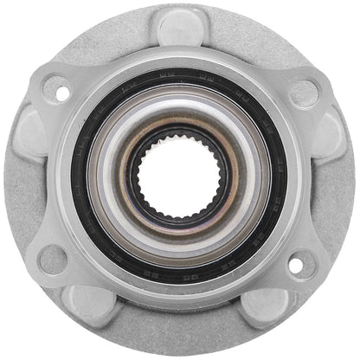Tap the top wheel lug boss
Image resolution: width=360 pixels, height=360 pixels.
180,26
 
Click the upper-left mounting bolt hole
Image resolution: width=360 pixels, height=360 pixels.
57,87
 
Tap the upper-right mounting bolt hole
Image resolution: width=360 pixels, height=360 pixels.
304,89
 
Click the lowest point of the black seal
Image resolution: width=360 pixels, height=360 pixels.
180,285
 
